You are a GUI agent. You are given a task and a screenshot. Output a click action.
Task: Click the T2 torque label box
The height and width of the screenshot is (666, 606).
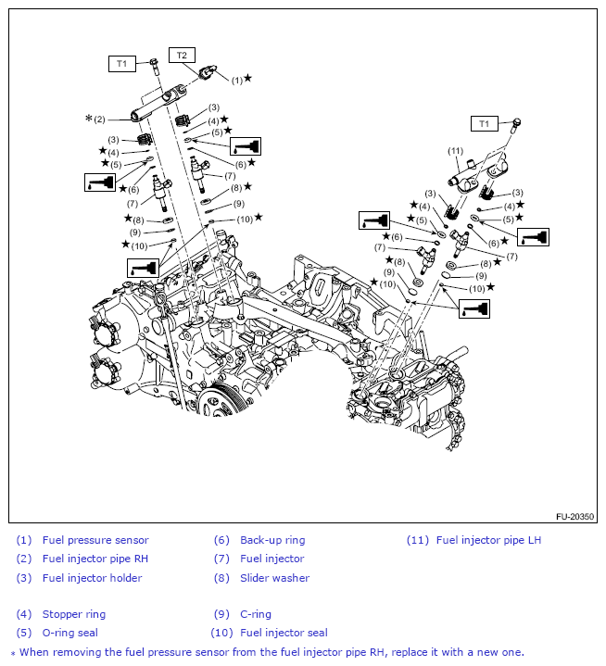pos(182,55)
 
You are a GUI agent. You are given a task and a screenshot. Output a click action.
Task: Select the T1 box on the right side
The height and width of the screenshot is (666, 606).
pos(483,123)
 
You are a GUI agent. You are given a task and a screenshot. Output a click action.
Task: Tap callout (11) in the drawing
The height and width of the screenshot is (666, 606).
pos(455,150)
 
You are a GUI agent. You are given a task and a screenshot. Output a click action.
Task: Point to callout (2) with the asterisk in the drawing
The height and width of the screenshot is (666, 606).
pos(95,119)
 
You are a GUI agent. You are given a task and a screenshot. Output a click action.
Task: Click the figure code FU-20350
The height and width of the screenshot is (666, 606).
pos(574,517)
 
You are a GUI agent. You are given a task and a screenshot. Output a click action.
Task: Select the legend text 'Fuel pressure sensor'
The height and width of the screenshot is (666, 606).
pos(95,540)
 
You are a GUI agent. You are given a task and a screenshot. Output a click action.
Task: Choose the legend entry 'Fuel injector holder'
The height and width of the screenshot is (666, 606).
pos(92,578)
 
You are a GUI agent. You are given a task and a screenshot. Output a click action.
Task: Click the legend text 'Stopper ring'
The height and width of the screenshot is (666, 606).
pos(74,614)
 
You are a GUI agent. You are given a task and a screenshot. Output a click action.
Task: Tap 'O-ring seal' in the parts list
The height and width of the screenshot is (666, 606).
pos(70,633)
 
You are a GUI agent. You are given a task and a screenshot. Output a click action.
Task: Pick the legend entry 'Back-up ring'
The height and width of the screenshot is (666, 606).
pos(272,540)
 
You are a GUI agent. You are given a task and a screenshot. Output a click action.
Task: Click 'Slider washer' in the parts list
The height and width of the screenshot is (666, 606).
pos(274,578)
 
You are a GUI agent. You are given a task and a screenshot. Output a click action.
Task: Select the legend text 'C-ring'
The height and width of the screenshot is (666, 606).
pos(256,614)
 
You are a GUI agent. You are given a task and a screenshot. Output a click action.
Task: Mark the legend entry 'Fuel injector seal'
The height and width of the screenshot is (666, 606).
pos(284,633)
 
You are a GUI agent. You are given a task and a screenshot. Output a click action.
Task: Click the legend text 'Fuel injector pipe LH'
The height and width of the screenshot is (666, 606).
pos(488,540)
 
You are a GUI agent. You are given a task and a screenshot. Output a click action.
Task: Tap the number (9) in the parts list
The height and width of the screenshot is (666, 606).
pos(221,614)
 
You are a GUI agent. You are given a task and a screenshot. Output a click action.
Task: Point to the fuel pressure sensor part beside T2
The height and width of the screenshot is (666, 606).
pos(209,71)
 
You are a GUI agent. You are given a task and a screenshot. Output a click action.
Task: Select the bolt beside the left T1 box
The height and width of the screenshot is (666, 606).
pos(154,64)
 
